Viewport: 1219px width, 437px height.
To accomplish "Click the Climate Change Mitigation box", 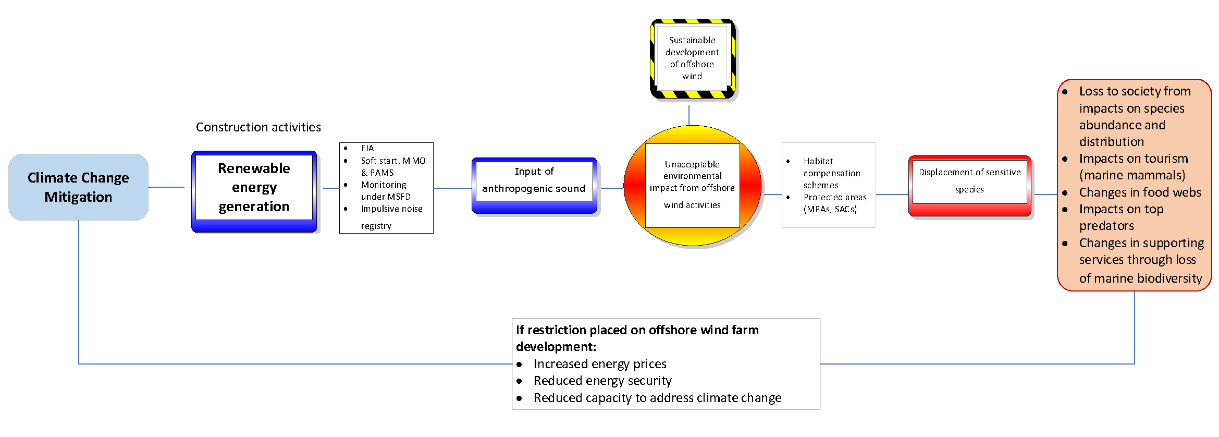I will click(78, 187).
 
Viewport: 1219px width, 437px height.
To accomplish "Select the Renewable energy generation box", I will click(254, 188).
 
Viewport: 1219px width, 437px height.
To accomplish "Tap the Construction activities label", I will click(258, 127).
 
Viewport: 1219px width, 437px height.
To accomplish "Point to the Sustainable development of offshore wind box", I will click(692, 58).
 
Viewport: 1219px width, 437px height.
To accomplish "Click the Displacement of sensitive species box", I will click(969, 181).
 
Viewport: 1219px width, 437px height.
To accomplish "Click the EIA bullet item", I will click(367, 149).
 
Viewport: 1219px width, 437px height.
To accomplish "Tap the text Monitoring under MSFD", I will click(385, 191).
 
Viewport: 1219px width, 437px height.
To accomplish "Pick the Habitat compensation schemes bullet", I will click(831, 173).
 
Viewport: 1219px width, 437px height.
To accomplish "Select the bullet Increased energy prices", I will click(599, 364).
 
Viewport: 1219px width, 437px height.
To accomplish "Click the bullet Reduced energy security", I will click(602, 381).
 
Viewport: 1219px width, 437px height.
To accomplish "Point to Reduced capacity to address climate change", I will click(657, 398).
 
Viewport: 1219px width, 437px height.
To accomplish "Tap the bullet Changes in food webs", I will click(1139, 192).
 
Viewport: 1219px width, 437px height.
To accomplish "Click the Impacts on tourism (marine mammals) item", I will click(1133, 167).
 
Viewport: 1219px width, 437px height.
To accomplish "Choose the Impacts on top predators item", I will click(1121, 217).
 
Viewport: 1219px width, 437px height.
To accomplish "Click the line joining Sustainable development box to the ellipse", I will click(689, 115).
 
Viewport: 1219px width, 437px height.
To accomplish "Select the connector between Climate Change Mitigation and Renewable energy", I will click(166, 187).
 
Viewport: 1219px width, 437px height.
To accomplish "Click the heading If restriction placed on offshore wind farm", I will click(637, 330).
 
